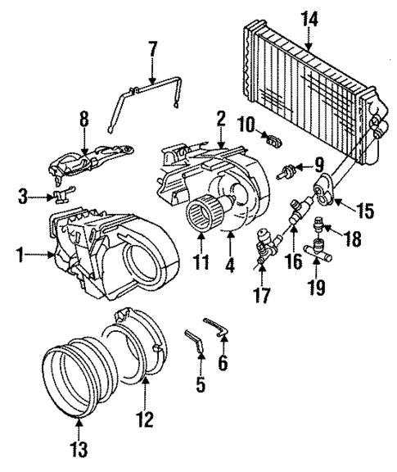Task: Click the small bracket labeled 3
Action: pyautogui.click(x=62, y=195)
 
